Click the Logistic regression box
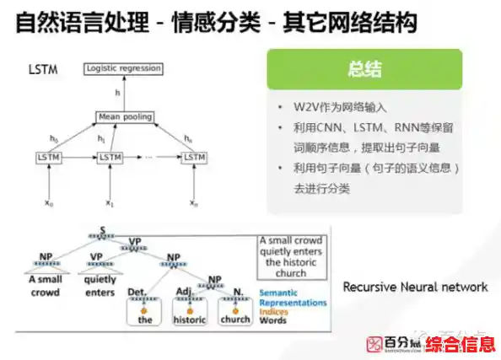[x=123, y=68]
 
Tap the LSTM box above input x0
[x=50, y=157]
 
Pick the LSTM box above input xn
[x=195, y=157]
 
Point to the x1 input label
[x=109, y=202]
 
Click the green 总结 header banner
[x=364, y=69]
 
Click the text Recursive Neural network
[x=415, y=287]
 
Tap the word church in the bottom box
[x=235, y=320]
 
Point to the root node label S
[x=103, y=229]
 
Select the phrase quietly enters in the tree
[x=100, y=287]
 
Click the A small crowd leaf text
[x=45, y=287]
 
